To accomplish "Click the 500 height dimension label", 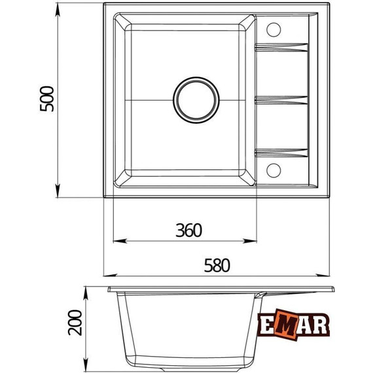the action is [x=47, y=99].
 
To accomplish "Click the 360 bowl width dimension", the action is [x=188, y=230].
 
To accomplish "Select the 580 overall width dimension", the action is [x=217, y=265].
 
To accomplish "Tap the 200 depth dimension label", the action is [x=75, y=323].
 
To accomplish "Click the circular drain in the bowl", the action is [x=196, y=100].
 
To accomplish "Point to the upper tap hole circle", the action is [x=274, y=29].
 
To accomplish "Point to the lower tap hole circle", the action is [x=274, y=170].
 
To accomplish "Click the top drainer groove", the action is [x=281, y=47].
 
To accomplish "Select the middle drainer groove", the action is [x=281, y=100].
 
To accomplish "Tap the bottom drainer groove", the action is [x=281, y=153].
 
